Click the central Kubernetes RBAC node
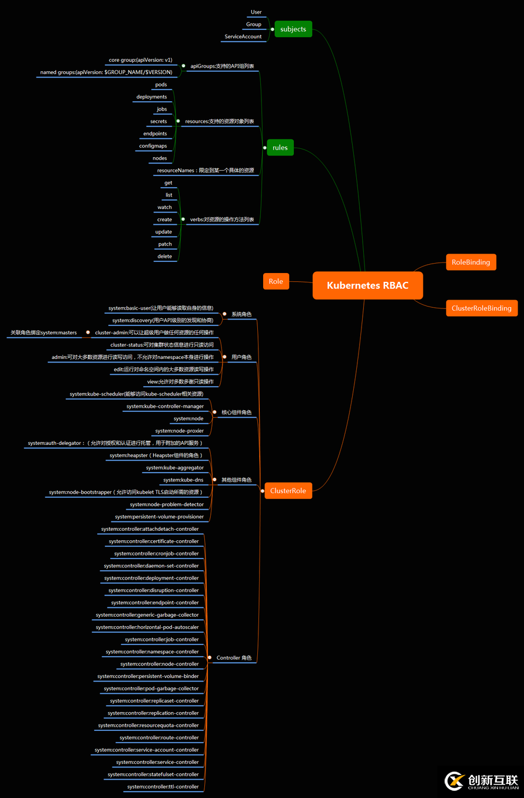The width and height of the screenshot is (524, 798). click(367, 285)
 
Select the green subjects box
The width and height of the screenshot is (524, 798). click(293, 29)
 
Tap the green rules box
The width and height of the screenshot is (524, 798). click(280, 147)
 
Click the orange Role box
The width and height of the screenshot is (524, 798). click(276, 281)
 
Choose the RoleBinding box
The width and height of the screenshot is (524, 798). click(470, 262)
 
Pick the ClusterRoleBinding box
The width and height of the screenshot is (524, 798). click(481, 308)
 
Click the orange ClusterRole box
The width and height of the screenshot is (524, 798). click(288, 491)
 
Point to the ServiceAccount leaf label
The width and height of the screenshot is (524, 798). click(243, 36)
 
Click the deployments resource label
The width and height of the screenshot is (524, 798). click(152, 97)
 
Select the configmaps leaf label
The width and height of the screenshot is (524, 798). click(153, 146)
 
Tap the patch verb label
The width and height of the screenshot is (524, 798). click(165, 244)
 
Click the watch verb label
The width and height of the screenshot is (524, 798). click(165, 207)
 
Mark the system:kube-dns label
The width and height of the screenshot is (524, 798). click(183, 480)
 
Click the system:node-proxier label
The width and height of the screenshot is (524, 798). click(179, 431)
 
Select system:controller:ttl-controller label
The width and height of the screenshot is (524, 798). click(163, 787)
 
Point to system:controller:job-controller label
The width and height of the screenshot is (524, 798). click(162, 640)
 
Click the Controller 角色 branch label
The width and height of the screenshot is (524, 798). click(234, 658)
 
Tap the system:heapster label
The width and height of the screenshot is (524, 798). click(156, 455)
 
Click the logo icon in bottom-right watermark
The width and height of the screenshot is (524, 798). click(455, 781)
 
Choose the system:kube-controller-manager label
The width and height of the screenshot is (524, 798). click(165, 406)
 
